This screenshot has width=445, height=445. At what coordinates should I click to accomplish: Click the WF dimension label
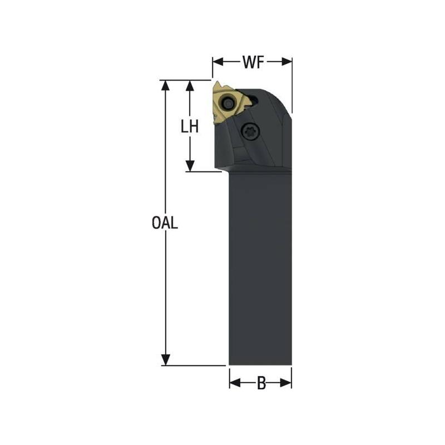point(252,62)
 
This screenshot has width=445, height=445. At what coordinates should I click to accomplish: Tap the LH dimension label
point(190,127)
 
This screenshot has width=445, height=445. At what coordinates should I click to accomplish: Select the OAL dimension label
point(165,223)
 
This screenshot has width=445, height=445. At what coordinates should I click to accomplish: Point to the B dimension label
point(260,383)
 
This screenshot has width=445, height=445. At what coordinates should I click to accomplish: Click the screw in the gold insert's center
point(228,103)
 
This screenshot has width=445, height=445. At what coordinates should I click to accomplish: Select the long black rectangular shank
point(260,267)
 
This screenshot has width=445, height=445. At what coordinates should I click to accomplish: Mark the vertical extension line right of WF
point(292,83)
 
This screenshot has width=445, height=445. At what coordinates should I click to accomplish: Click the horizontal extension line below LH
point(206,171)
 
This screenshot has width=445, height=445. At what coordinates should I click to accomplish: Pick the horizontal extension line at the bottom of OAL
point(195,365)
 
